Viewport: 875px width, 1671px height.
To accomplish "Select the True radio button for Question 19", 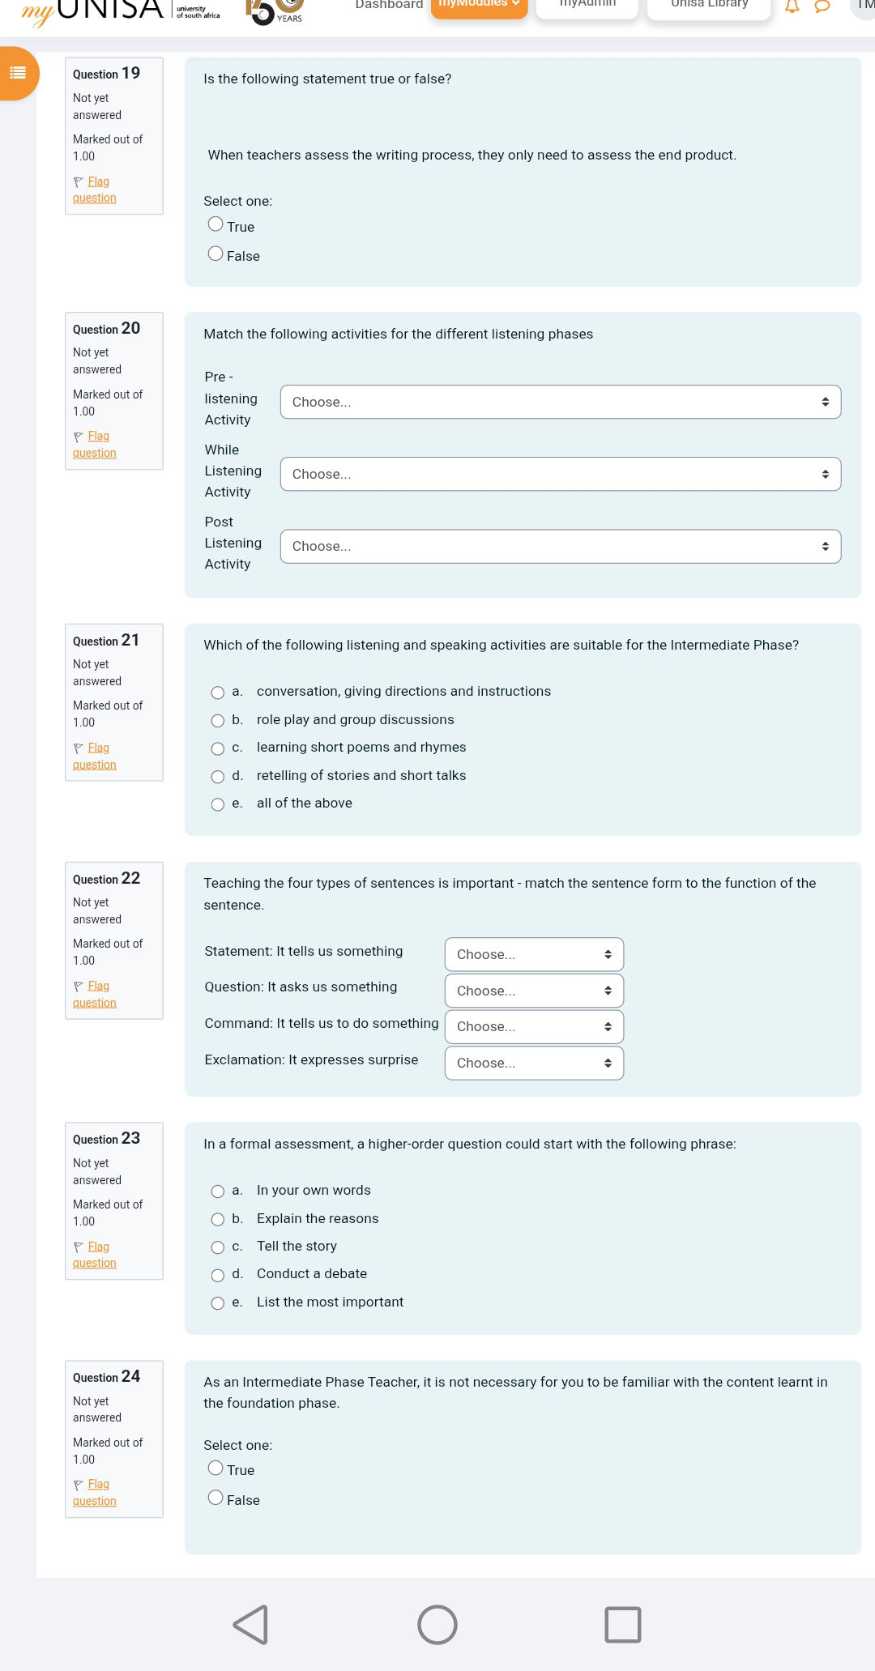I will (216, 224).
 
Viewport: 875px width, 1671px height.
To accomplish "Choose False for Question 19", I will (216, 254).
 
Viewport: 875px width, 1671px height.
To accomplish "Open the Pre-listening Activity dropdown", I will (560, 402).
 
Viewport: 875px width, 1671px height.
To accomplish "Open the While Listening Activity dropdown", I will (560, 474).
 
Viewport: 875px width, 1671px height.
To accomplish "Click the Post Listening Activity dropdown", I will (560, 546).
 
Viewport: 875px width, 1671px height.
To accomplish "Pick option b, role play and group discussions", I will (218, 721).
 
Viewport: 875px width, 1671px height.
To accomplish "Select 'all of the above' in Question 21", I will (218, 804).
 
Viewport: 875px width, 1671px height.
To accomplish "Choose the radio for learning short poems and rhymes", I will (218, 748).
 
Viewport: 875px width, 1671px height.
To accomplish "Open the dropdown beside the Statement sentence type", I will (534, 954).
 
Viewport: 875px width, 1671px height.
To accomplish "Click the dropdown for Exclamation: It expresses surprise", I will (534, 1063).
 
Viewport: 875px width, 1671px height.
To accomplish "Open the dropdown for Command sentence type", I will (534, 1026).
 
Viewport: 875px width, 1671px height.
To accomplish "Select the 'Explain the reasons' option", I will (218, 1220).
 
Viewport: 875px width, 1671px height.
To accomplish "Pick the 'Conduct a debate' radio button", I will (218, 1276).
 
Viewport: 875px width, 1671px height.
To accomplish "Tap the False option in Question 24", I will (216, 1498).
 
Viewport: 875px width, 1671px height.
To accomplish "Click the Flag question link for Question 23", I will (96, 1255).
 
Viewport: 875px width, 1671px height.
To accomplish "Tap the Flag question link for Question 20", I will (96, 444).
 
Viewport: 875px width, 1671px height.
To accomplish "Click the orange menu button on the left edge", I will (18, 73).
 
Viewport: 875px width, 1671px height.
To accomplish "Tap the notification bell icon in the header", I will (792, 6).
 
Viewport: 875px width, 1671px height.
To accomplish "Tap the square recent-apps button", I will (622, 1624).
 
